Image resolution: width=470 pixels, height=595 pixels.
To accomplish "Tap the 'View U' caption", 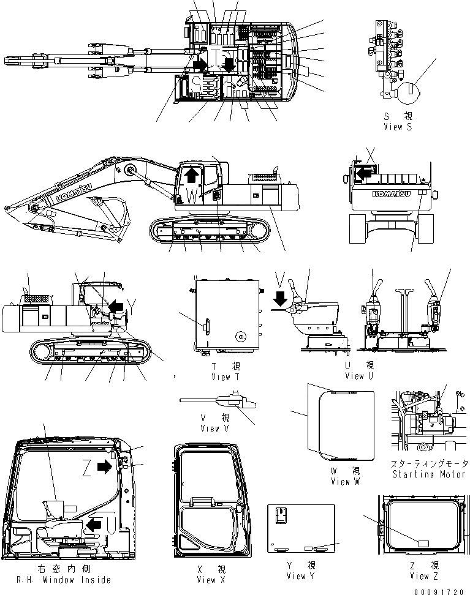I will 360,376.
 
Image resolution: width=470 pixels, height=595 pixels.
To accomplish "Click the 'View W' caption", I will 349,482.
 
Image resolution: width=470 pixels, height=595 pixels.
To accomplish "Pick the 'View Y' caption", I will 300,576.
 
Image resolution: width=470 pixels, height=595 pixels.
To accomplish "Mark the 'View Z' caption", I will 424,575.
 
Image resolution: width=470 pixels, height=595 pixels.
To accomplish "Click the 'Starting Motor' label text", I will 427,474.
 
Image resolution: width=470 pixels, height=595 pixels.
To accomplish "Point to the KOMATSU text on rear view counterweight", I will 389,195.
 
